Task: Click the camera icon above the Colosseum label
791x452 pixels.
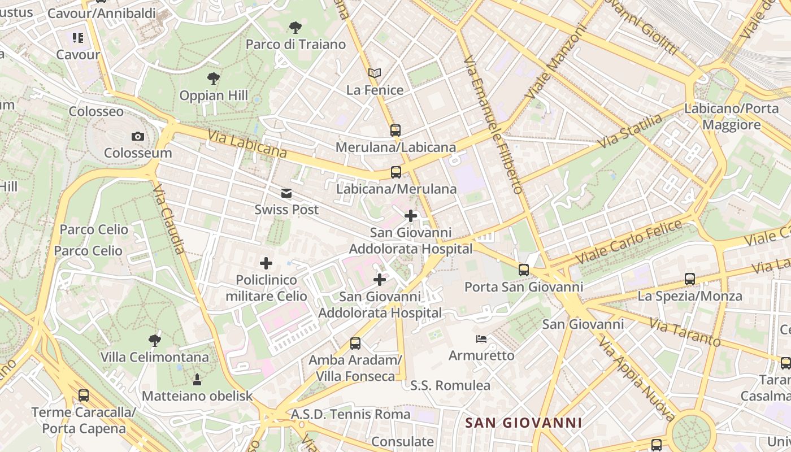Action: (137, 136)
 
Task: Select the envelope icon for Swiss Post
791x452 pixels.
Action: (286, 194)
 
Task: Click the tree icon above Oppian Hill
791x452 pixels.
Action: (213, 79)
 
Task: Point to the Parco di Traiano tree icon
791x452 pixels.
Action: (295, 27)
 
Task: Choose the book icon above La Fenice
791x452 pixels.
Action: (375, 73)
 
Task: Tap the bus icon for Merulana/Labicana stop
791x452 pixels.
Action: (395, 131)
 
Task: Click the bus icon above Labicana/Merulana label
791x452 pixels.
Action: (396, 172)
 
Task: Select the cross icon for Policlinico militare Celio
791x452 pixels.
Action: (266, 263)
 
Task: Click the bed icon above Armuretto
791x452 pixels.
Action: (481, 339)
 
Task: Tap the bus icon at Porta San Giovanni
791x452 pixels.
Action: (524, 270)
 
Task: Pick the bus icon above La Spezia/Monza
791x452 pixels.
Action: (690, 279)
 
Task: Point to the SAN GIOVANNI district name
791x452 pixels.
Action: (523, 423)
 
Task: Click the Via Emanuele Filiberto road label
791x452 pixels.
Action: (493, 124)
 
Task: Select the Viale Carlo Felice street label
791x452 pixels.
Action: (629, 241)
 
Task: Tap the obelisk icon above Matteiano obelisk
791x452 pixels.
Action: (197, 379)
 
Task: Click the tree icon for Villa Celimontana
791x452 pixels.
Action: (154, 340)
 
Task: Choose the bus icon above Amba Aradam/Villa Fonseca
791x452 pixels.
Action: (355, 343)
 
